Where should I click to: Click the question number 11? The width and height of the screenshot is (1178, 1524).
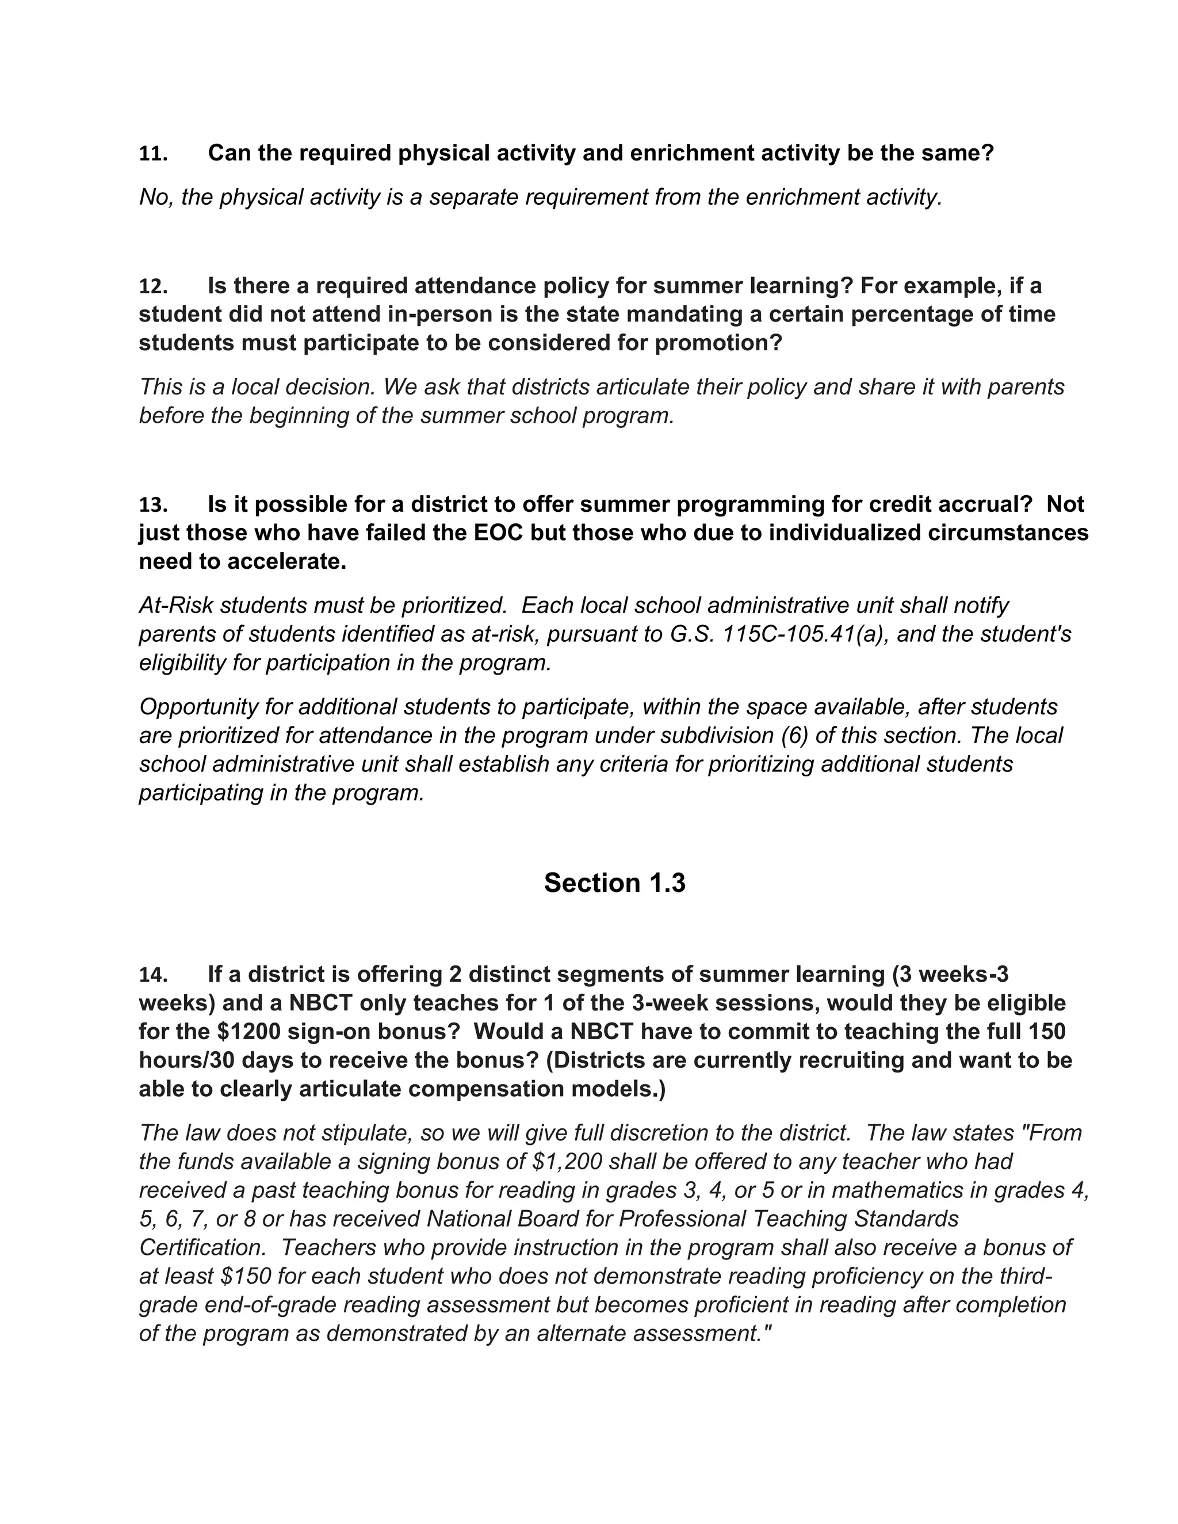click(153, 154)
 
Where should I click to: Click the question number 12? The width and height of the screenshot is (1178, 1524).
click(153, 287)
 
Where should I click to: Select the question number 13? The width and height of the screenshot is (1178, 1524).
click(153, 504)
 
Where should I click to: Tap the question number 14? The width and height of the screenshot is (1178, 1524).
click(153, 975)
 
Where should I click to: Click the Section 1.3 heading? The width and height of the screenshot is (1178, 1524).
click(614, 883)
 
